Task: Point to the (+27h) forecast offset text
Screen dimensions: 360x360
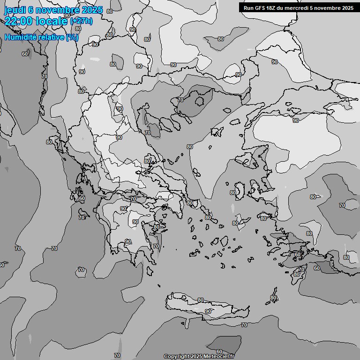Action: pos(81,21)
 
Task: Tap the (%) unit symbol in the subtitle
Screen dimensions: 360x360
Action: pos(73,37)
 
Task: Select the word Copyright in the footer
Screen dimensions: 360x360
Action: pos(176,357)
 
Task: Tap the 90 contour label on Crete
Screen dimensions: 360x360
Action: pos(208,311)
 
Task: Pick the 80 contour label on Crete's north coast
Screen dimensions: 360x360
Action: pos(201,300)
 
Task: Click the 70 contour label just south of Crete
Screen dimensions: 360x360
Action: pos(244,325)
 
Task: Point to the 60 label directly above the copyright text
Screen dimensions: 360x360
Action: pos(219,352)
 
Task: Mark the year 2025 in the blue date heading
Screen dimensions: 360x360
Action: pos(92,10)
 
